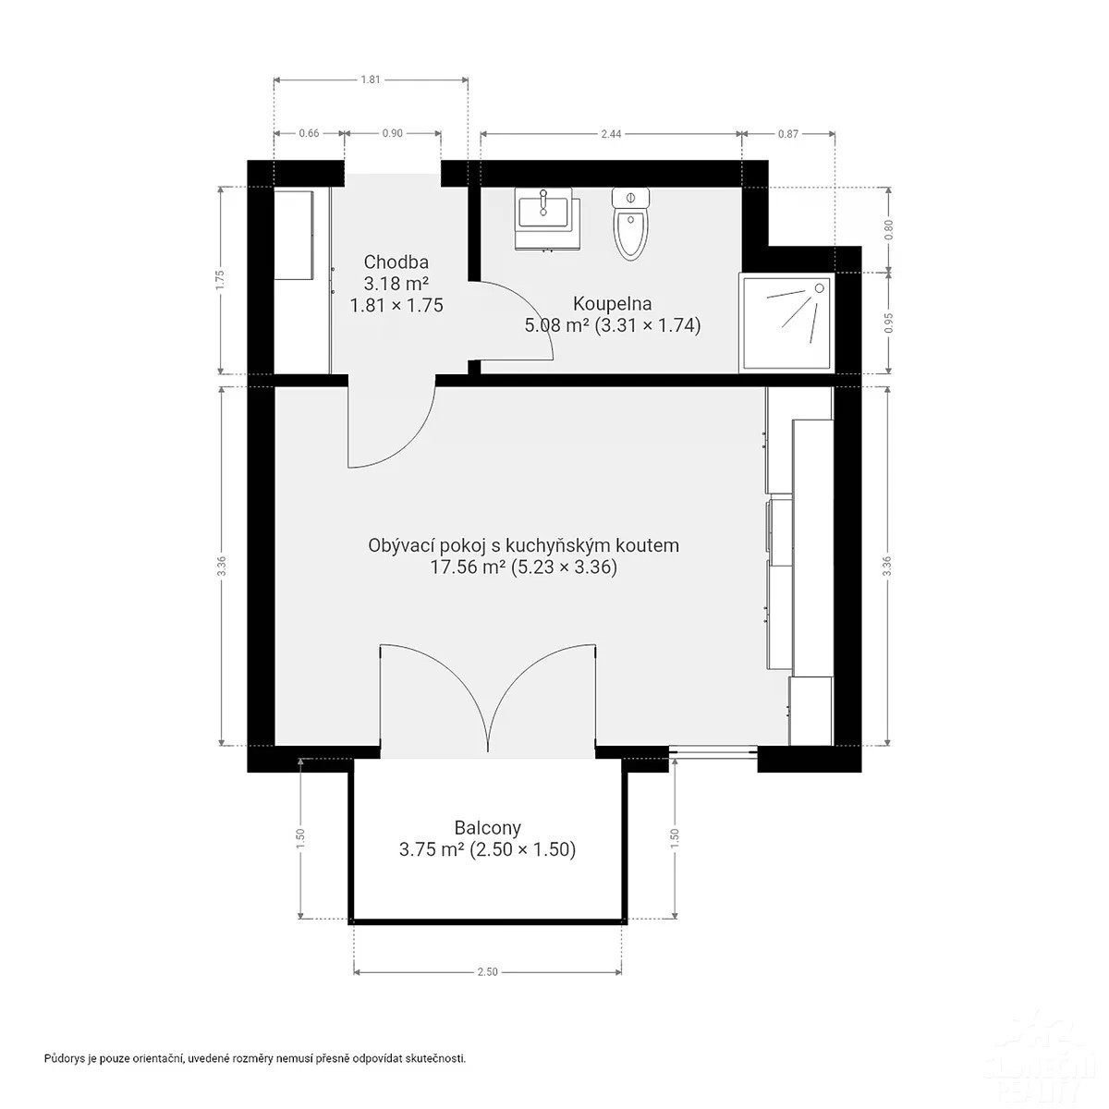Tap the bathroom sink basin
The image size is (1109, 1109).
coord(543,212)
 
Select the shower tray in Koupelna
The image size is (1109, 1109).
coord(786,322)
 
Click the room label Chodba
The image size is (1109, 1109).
coord(396,262)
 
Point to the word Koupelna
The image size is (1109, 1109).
coord(613,303)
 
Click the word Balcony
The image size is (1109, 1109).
coord(487,827)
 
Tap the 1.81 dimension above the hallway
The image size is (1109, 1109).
coord(371,79)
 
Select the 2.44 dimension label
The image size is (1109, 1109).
coord(611,133)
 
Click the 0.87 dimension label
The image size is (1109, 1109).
coord(788,133)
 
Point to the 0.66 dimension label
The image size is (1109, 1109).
coord(309,133)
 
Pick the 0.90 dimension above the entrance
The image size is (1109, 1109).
coord(393,133)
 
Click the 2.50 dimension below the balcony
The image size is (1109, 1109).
coord(487,972)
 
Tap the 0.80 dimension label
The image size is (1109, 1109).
coord(889,229)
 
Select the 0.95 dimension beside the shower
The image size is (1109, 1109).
coord(889,323)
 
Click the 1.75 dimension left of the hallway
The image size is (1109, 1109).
coord(220,280)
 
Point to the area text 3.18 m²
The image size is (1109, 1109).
coord(396,283)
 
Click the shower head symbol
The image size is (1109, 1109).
coord(820,287)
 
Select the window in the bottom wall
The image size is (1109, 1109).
coord(713,751)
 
